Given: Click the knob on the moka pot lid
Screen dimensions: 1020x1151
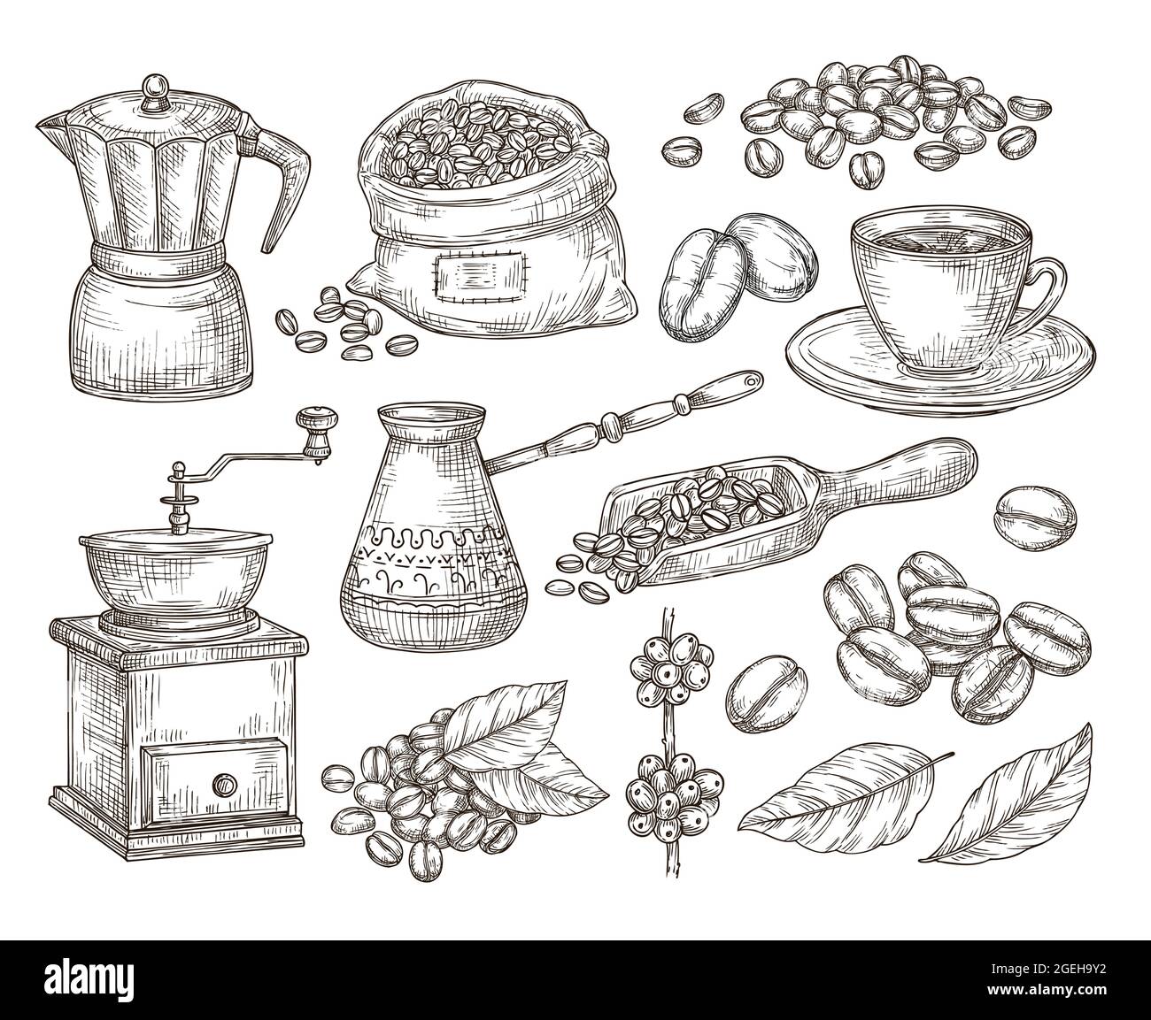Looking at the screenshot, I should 157,86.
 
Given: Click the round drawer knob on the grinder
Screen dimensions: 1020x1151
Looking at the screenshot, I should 224,784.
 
